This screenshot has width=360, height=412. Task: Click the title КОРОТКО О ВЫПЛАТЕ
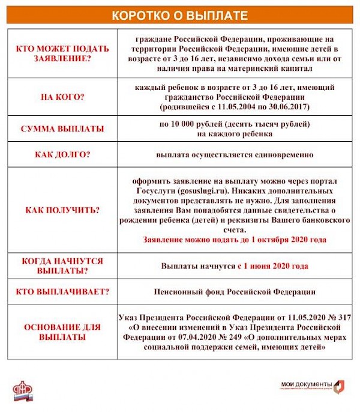[179, 15]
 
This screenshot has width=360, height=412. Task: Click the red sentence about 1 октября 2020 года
[235, 240]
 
